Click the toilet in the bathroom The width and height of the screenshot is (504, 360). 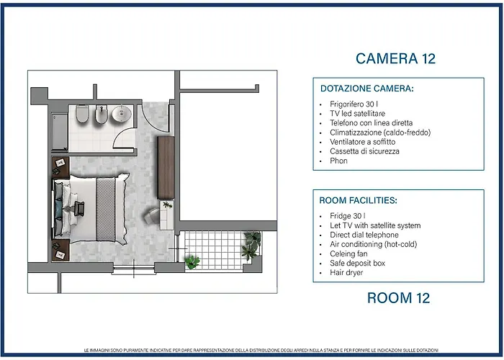(81, 114)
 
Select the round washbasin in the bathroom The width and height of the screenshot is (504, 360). (122, 114)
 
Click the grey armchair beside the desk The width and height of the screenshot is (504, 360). (151, 215)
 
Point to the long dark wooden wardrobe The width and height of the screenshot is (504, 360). (166, 168)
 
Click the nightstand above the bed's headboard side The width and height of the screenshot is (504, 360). (60, 168)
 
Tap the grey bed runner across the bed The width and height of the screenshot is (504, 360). (105, 210)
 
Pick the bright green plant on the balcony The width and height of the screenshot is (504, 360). (192, 261)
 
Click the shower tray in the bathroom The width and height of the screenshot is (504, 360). (60, 132)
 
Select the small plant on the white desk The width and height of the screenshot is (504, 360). (167, 204)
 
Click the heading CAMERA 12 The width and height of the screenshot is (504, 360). (395, 58)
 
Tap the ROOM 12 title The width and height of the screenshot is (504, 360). (398, 298)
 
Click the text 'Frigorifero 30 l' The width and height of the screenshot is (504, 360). (354, 104)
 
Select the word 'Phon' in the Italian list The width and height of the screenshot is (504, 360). (338, 161)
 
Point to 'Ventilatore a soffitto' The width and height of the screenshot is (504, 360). (363, 142)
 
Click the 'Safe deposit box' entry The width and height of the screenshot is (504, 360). (357, 263)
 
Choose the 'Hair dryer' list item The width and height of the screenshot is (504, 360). (346, 273)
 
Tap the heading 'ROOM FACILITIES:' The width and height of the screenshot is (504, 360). (358, 201)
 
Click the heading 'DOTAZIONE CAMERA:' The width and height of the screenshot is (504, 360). (366, 89)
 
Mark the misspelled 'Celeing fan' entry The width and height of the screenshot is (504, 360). (348, 253)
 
